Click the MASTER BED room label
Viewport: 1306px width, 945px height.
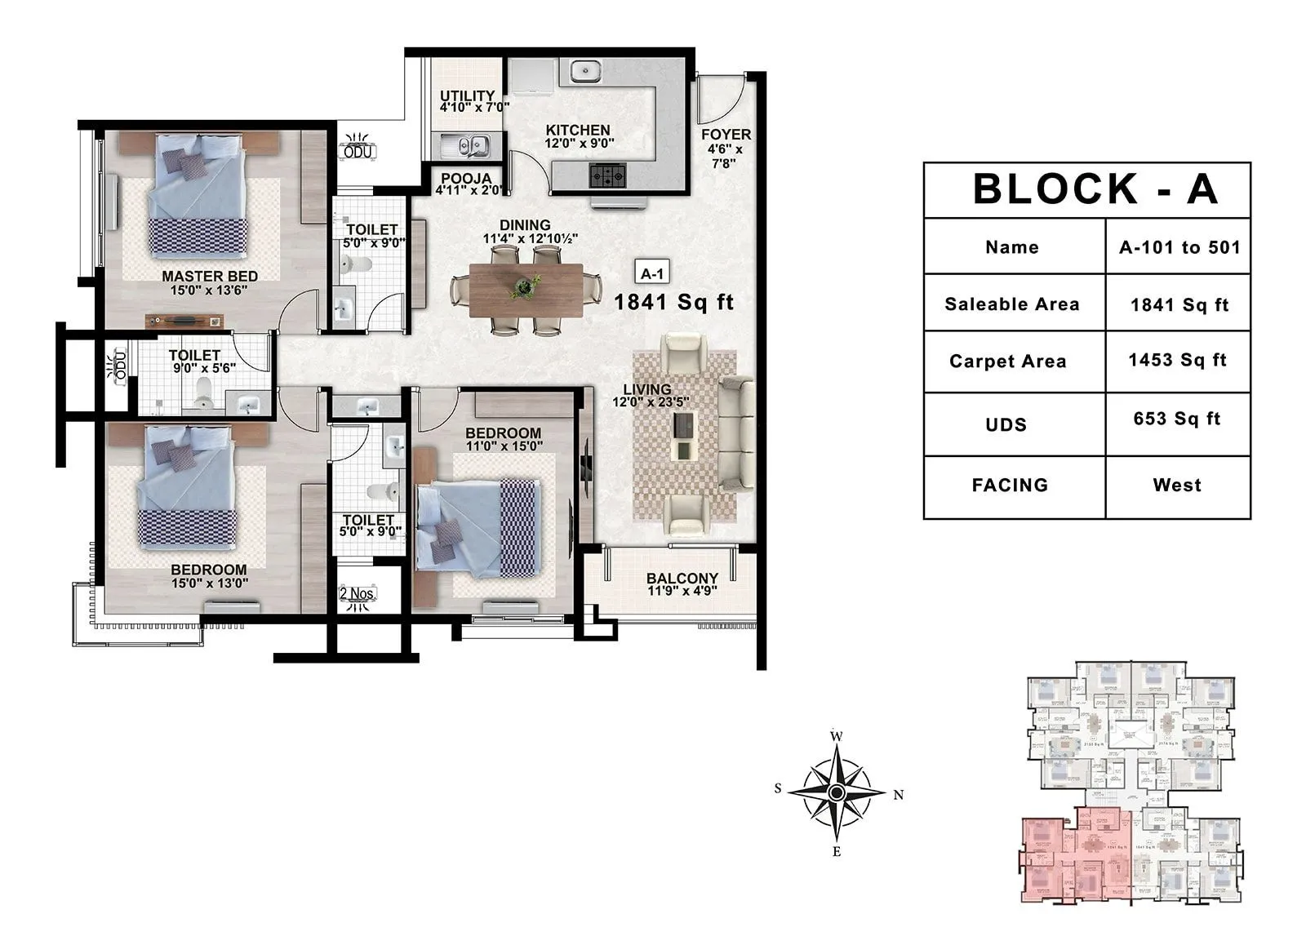[x=210, y=277]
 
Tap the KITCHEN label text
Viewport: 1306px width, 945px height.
[x=578, y=131]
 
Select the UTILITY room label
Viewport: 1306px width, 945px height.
[x=468, y=95]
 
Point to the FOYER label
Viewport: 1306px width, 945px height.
[x=726, y=135]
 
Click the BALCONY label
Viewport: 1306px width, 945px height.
[x=682, y=579]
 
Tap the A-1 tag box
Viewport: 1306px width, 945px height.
[x=652, y=274]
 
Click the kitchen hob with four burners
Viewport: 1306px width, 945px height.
[x=608, y=174]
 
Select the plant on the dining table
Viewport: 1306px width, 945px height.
[x=524, y=286]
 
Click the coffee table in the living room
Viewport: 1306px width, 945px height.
[x=683, y=435]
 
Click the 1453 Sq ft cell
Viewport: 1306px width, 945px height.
[x=1177, y=361]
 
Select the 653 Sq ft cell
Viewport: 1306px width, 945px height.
[x=1177, y=419]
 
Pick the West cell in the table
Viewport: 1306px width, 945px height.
[x=1177, y=486]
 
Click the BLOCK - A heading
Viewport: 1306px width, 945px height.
[x=1095, y=189]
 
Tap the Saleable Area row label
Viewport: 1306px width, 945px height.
[x=1012, y=304]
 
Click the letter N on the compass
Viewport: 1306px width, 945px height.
[x=899, y=795]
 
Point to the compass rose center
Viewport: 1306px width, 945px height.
[x=836, y=792]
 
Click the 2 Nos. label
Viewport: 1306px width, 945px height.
[x=358, y=593]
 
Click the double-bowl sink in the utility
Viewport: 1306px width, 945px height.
[x=464, y=145]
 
